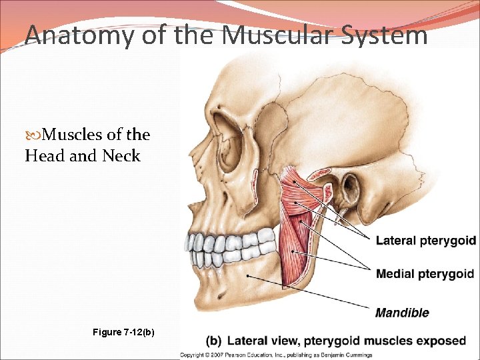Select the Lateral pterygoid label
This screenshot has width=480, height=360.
tap(426, 241)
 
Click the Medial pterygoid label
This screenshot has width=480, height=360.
tap(425, 274)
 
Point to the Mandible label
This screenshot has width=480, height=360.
tap(402, 313)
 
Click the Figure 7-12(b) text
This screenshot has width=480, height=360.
tap(124, 331)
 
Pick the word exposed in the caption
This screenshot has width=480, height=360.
tap(441, 341)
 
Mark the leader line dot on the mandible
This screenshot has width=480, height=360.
tap(247, 275)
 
